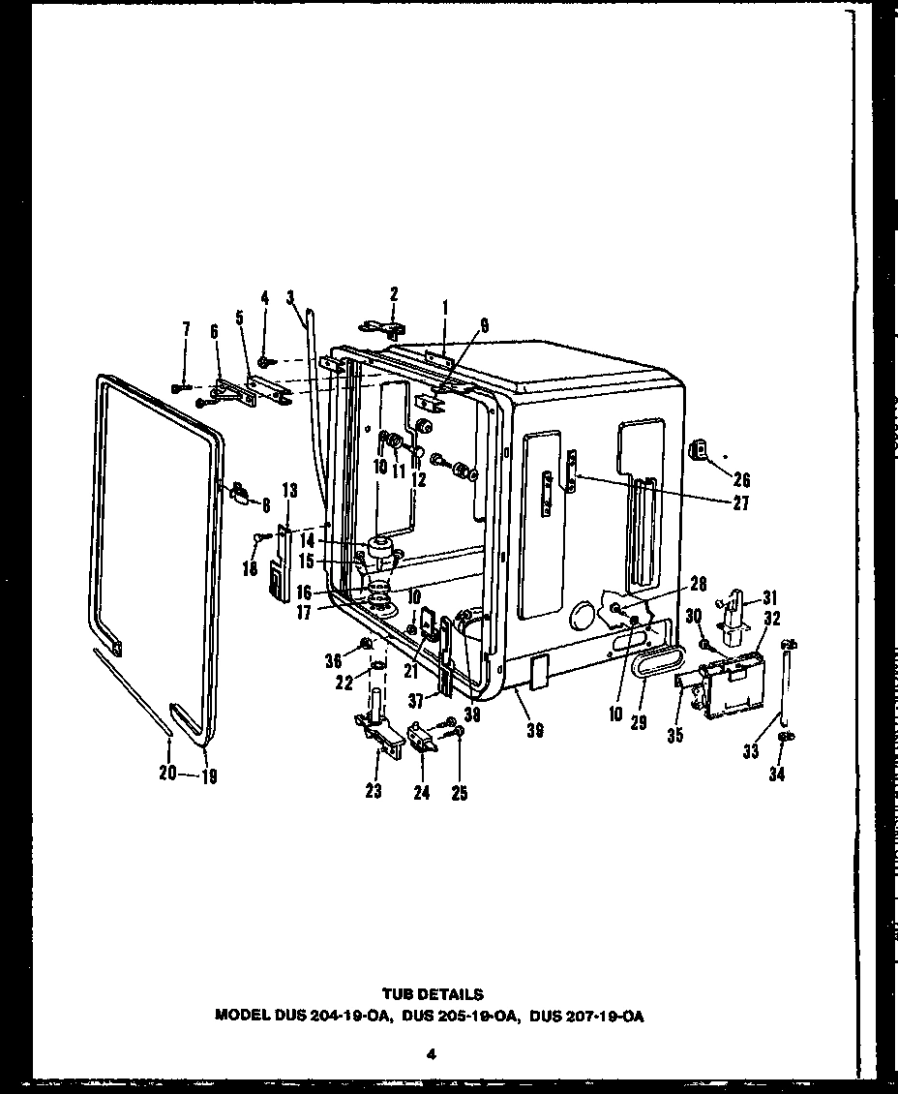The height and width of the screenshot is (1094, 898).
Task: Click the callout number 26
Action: [x=741, y=479]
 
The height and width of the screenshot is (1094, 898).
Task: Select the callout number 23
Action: [x=374, y=791]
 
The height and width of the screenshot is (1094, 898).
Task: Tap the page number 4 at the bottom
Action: [x=432, y=1055]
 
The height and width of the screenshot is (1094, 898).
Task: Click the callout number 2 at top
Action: [x=394, y=293]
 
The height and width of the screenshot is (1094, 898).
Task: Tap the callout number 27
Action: [x=741, y=503]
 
